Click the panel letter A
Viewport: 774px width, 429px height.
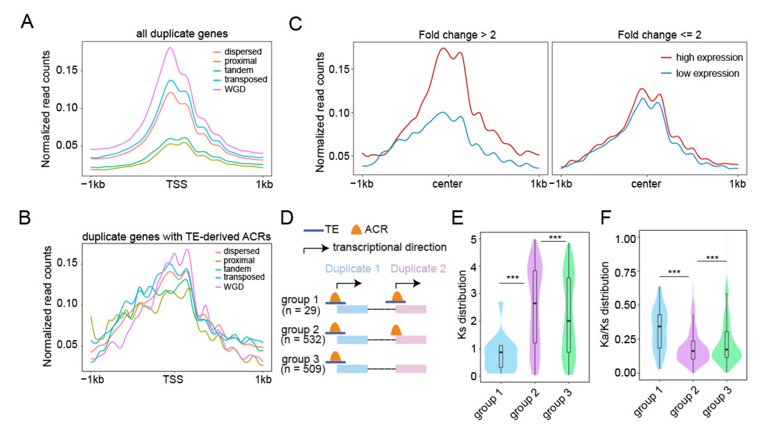pos(27,22)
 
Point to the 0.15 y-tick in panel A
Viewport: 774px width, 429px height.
pos(67,70)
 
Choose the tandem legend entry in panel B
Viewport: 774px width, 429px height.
pos(237,269)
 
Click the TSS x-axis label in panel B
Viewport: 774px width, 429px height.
pos(173,380)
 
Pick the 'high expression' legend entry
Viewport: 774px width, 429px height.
pos(709,57)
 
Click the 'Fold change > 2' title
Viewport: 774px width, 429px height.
pos(457,35)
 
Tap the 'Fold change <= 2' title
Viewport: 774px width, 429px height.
pos(659,35)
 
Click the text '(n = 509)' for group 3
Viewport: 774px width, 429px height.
pos(303,369)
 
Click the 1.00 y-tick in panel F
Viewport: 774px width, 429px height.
pos(626,239)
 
